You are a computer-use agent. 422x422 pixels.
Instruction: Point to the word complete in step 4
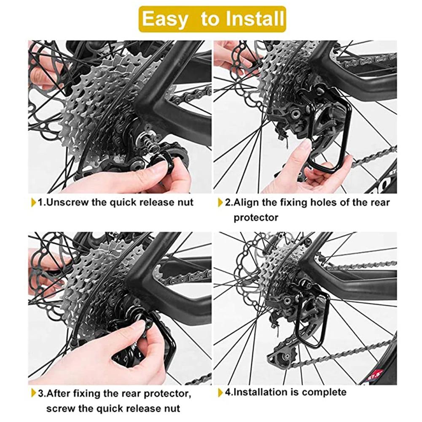point(323,392)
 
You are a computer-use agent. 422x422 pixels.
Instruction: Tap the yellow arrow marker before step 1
point(34,202)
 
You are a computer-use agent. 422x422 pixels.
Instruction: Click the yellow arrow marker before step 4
point(220,392)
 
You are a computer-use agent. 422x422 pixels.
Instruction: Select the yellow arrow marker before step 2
point(220,202)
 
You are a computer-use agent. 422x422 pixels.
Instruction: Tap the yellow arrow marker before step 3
point(34,394)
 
